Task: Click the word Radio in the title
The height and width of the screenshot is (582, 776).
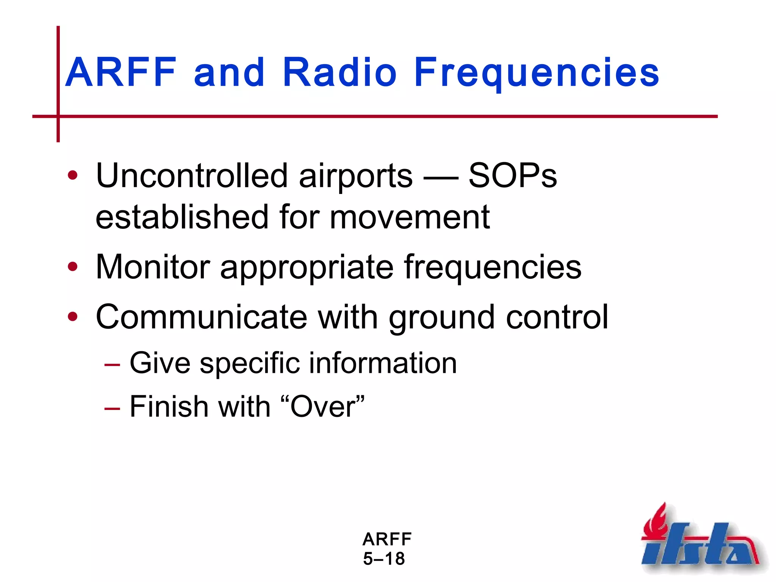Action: tap(339, 72)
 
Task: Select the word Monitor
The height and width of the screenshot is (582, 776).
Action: tap(153, 267)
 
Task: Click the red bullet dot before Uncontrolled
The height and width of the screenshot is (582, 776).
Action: tap(72, 176)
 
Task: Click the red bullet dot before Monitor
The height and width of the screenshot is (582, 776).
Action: tap(72, 267)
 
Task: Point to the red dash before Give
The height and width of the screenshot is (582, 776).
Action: tap(112, 365)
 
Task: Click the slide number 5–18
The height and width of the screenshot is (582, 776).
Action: tap(384, 559)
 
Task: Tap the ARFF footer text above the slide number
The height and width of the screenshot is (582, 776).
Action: tap(387, 539)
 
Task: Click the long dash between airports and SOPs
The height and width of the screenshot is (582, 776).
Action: tap(440, 177)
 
